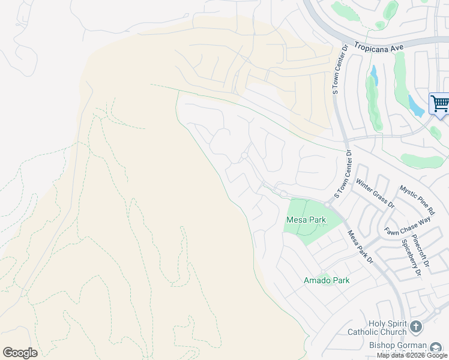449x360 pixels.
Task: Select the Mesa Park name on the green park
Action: click(306, 220)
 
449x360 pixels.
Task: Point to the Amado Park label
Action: click(327, 280)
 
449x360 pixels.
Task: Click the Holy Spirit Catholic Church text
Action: click(377, 328)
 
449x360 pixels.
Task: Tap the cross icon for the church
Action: click(416, 327)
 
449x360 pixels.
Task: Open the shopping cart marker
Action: click(439, 104)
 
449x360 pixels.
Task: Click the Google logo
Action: click(20, 353)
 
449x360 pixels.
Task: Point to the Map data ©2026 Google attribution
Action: click(412, 355)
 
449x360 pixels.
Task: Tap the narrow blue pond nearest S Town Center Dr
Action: click(375, 76)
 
